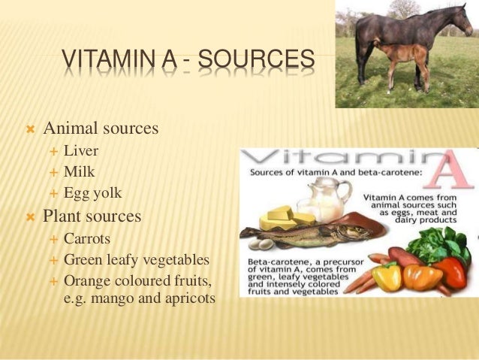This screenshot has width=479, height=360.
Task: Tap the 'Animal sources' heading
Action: pos(101,129)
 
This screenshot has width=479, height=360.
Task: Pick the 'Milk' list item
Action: pos(80,171)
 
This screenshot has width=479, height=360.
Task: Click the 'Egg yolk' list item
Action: pos(92,193)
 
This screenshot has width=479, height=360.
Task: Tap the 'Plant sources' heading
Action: pos(92,216)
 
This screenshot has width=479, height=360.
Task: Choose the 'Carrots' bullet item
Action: pos(87,239)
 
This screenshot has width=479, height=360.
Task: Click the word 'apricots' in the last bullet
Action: pos(188,298)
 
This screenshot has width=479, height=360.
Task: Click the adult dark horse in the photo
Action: pos(405,34)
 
